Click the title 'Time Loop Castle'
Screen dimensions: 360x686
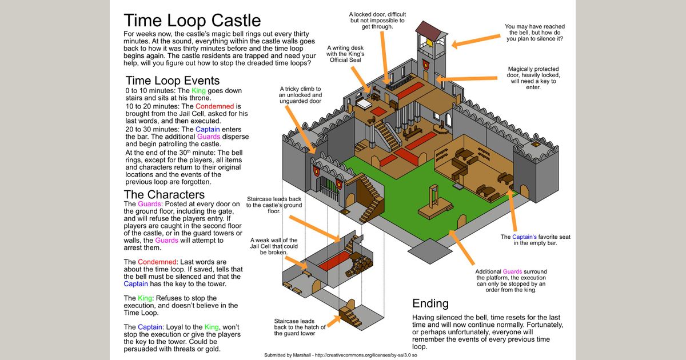click(x=193, y=21)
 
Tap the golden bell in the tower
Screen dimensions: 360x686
click(x=426, y=44)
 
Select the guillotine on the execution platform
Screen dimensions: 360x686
click(x=435, y=197)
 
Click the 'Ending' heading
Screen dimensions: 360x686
click(x=430, y=303)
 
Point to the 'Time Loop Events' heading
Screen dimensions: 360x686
click(x=172, y=80)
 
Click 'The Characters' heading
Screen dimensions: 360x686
click(x=164, y=194)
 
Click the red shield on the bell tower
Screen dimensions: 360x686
click(x=426, y=64)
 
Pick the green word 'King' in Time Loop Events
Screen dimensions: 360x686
click(x=198, y=91)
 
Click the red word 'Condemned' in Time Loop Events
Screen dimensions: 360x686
click(x=214, y=106)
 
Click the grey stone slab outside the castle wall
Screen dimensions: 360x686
click(x=425, y=249)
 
